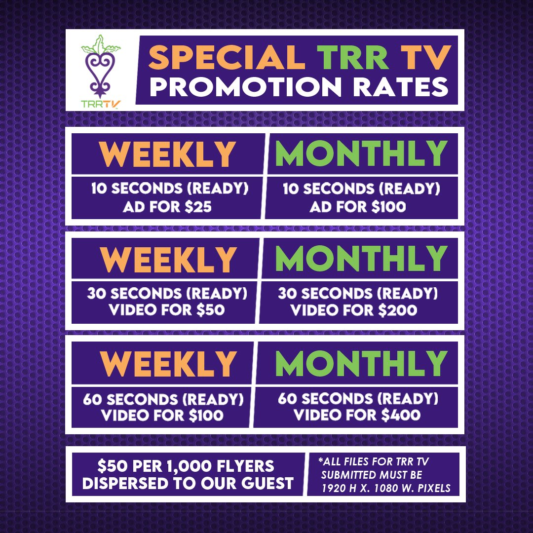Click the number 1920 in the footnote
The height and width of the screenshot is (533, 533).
[x=334, y=489]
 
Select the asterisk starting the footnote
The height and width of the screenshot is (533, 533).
[x=321, y=461]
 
